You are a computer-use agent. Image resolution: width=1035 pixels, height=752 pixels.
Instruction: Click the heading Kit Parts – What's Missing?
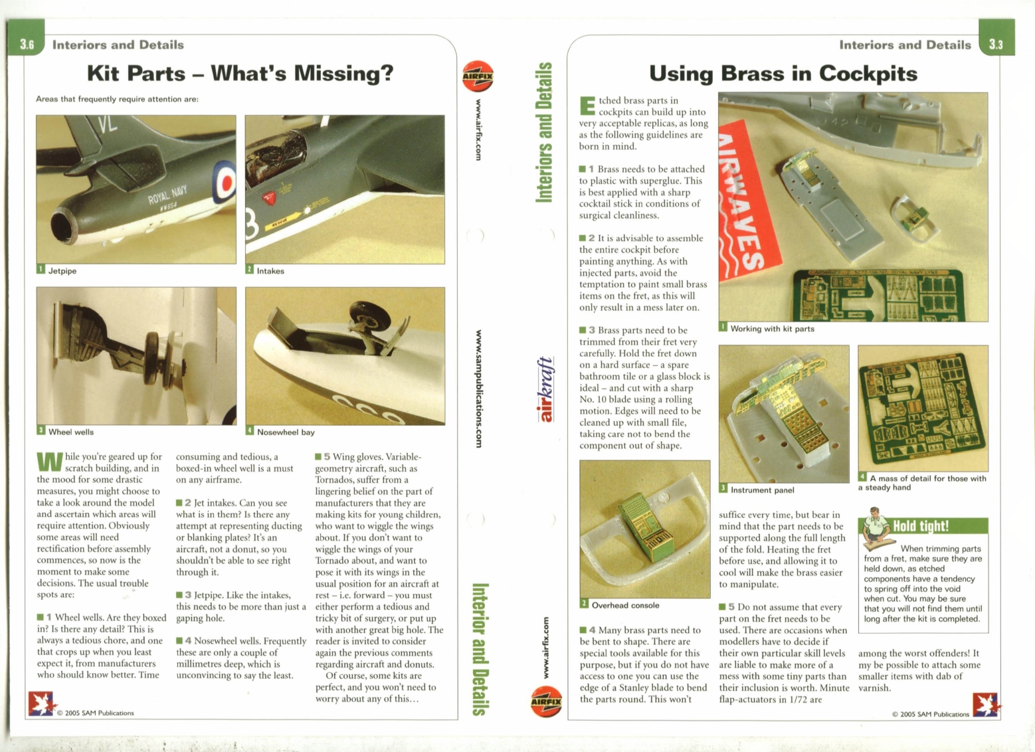click(x=240, y=73)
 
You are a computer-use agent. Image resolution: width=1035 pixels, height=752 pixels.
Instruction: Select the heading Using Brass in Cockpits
click(x=783, y=73)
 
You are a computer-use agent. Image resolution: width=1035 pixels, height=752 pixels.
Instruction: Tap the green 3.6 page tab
click(x=27, y=44)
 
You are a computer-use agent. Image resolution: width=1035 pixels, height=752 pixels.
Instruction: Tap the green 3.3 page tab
click(x=996, y=44)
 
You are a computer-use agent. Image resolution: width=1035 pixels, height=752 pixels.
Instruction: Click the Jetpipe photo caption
click(x=62, y=271)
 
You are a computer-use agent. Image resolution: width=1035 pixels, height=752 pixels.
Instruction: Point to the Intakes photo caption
click(x=270, y=271)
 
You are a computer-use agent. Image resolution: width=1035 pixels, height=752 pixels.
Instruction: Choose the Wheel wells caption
click(x=70, y=432)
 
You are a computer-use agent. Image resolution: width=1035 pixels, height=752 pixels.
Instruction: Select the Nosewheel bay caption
click(x=285, y=432)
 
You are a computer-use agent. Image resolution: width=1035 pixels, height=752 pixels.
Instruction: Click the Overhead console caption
click(x=624, y=605)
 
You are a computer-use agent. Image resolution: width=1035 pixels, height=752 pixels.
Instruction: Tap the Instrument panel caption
click(x=761, y=490)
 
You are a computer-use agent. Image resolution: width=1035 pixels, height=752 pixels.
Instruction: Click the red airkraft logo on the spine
click(x=545, y=390)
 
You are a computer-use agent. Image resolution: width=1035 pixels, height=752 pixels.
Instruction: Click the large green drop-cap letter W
click(x=50, y=462)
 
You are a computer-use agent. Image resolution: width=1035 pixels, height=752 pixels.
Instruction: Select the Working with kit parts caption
click(x=771, y=328)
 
